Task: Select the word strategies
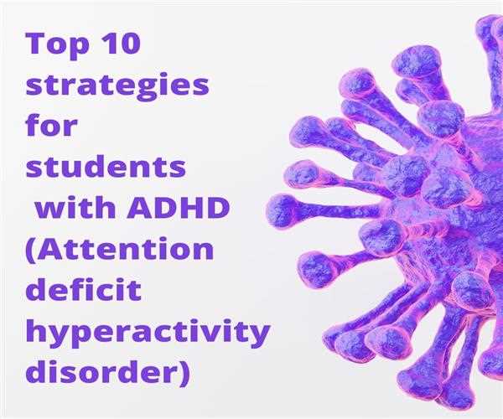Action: pyautogui.click(x=117, y=85)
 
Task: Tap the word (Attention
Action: pyautogui.click(x=120, y=250)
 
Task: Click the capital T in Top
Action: pyautogui.click(x=35, y=44)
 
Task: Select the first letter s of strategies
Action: pyautogui.click(x=34, y=87)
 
